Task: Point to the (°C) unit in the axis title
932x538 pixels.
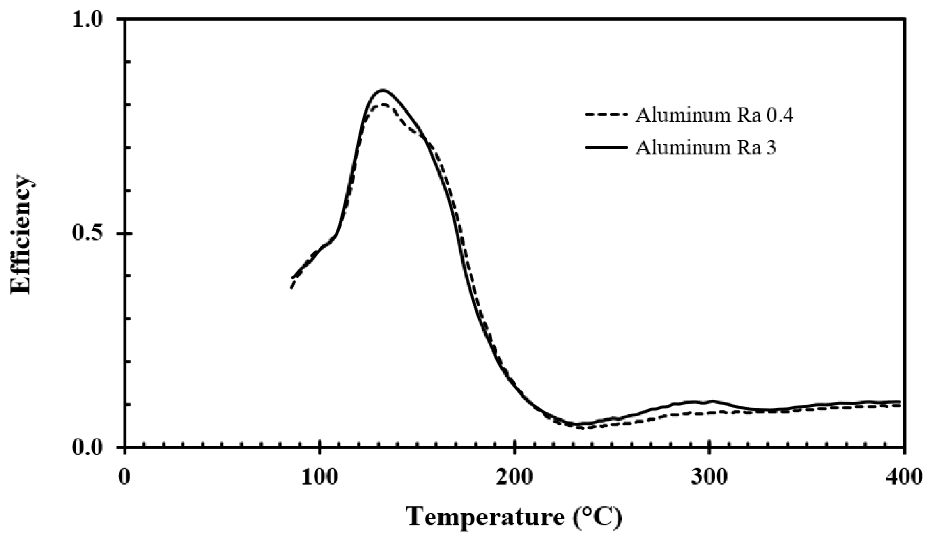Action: (x=598, y=517)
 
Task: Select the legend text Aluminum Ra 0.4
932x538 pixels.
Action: (x=714, y=116)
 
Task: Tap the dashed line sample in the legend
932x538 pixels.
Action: (x=606, y=115)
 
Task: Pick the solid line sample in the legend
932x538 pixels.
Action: (x=606, y=147)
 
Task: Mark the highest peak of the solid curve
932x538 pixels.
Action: (x=383, y=90)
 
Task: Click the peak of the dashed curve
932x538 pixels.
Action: (x=383, y=104)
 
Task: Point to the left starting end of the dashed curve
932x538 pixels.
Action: (x=291, y=288)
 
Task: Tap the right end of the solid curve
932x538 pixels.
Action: (x=900, y=401)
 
